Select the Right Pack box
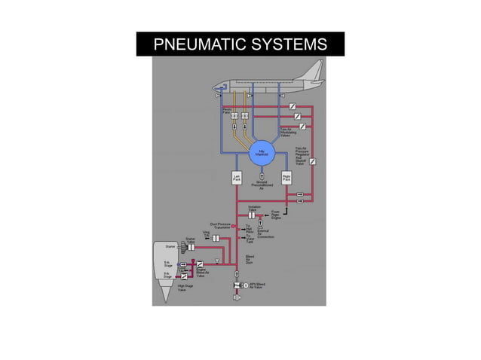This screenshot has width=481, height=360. pos(286,179)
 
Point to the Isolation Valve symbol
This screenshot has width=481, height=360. pos(253,215)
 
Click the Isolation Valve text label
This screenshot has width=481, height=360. pos(254,208)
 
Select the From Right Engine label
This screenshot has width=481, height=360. pos(276,214)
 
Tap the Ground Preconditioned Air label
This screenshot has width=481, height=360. pos(261,185)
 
